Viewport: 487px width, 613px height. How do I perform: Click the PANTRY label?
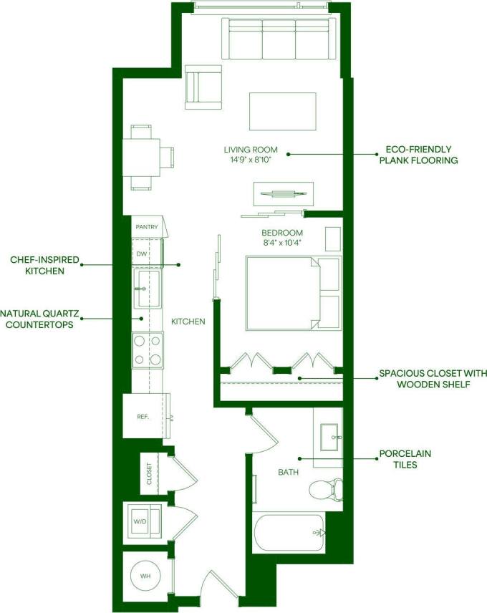tap(146, 227)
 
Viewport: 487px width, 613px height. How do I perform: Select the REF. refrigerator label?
tap(143, 416)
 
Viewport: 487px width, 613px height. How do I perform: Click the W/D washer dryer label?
tap(139, 521)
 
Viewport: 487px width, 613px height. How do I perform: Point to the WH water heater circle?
tap(146, 576)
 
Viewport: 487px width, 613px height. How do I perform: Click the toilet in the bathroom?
tap(327, 490)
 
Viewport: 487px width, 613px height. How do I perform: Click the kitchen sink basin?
tap(148, 288)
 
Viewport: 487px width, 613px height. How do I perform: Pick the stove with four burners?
tap(147, 351)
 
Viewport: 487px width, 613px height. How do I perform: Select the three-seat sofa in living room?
tap(280, 39)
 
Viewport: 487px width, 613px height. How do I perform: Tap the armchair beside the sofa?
tap(203, 87)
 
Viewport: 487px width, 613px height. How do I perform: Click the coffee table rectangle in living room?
tap(282, 111)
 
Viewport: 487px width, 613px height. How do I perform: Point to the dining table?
tap(141, 157)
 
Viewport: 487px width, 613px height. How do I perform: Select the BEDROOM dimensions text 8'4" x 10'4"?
tap(281, 242)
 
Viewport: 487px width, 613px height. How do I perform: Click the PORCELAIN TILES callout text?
tap(405, 459)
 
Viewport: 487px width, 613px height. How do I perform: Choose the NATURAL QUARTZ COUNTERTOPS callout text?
tap(39, 319)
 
